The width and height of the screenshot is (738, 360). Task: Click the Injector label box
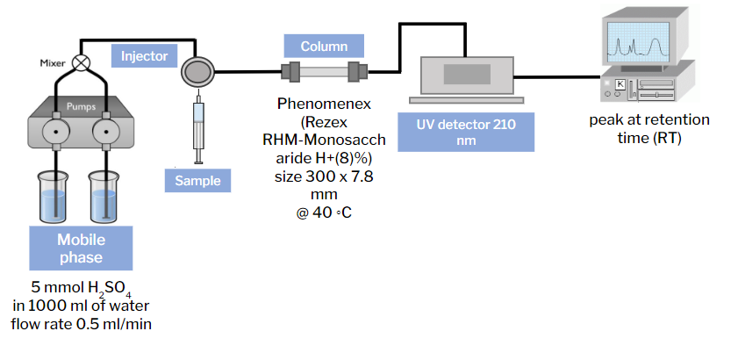pyautogui.click(x=145, y=56)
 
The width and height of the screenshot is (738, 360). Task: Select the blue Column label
pyautogui.click(x=324, y=46)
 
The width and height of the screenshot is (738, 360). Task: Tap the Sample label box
pyautogui.click(x=197, y=181)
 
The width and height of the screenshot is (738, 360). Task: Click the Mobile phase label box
pyautogui.click(x=80, y=248)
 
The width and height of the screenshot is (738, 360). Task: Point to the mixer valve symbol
pyautogui.click(x=82, y=62)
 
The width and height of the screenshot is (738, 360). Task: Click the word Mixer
pyautogui.click(x=54, y=63)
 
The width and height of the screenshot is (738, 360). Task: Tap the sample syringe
pyautogui.click(x=198, y=127)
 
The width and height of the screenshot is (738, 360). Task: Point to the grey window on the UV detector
pyautogui.click(x=467, y=72)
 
